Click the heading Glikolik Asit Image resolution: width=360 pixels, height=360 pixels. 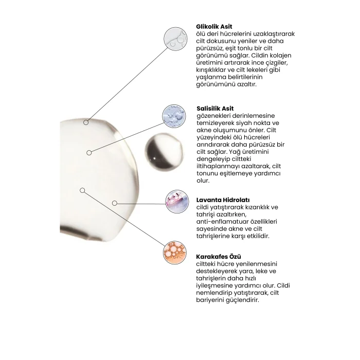tap(214, 27)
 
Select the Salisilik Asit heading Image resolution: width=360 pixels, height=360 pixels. tap(215, 109)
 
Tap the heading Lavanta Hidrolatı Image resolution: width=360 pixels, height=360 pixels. tap(223, 200)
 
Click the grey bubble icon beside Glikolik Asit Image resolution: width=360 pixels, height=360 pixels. tap(176, 39)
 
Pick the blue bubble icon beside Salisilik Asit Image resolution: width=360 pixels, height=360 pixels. tap(174, 116)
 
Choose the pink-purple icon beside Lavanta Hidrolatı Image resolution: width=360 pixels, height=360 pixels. tap(177, 202)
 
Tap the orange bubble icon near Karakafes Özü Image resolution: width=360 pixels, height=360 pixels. tap(175, 253)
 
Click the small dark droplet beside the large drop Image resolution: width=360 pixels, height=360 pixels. tap(164, 152)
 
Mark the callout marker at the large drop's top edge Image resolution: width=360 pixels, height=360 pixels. tap(86, 122)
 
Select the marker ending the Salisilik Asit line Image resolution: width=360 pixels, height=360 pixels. tap(89, 153)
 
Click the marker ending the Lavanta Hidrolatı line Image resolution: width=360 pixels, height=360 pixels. tap(115, 203)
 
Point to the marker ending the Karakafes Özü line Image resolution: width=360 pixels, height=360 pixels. tap(82, 190)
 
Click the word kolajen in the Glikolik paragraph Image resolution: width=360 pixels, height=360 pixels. tap(281, 56)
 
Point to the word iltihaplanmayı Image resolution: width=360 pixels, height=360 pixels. tap(216, 167)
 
